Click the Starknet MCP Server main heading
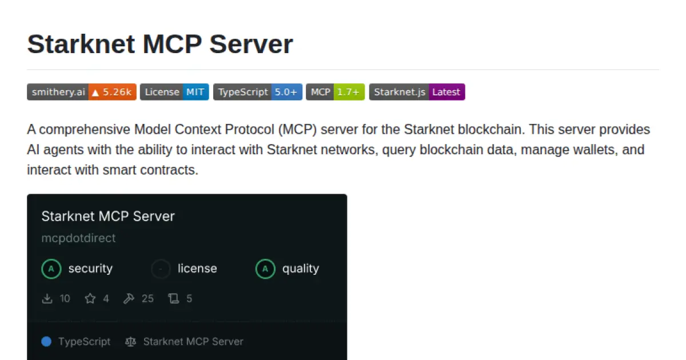click(160, 44)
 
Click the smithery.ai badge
click(81, 92)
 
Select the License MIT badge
click(174, 92)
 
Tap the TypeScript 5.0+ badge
click(257, 92)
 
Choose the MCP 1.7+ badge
click(335, 92)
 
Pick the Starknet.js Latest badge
click(417, 92)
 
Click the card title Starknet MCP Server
click(108, 217)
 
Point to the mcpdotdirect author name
click(78, 238)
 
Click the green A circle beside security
click(51, 269)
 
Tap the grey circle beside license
click(161, 269)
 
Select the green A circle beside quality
click(265, 269)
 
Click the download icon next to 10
click(47, 298)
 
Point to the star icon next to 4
click(90, 298)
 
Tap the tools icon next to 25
click(129, 298)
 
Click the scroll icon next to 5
click(173, 298)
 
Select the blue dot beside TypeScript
click(47, 342)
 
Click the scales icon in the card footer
click(131, 342)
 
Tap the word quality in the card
click(300, 269)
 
